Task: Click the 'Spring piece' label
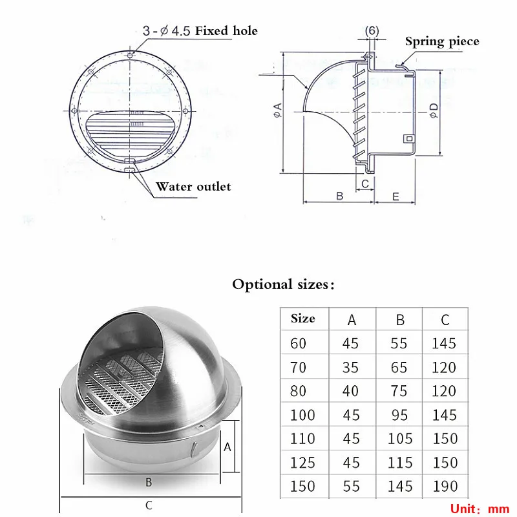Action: coord(442,42)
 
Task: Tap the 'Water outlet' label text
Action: coord(193,187)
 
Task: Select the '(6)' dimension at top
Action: coord(372,30)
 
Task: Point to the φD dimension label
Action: coord(434,111)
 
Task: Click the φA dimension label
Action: coord(278,111)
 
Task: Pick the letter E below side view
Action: coord(396,197)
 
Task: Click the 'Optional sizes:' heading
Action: coord(283,284)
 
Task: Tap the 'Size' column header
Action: coord(302,319)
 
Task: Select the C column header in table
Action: coord(445,320)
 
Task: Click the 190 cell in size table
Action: coord(445,487)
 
